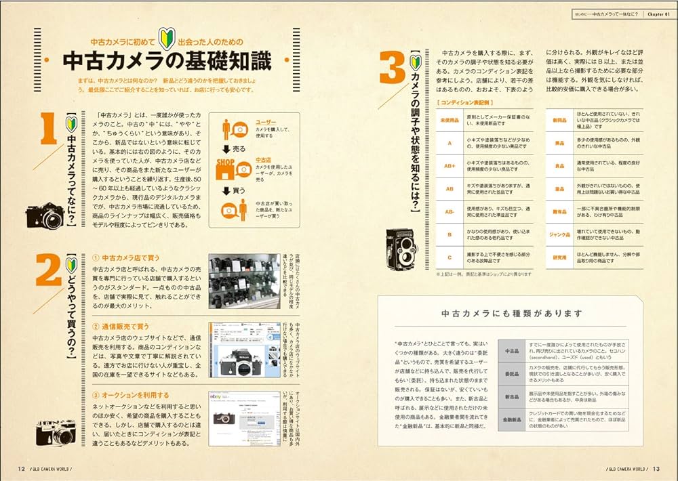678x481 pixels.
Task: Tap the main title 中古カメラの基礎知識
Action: (x=167, y=61)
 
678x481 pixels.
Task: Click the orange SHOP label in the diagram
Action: (x=226, y=163)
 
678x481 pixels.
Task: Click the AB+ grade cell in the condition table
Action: (x=448, y=165)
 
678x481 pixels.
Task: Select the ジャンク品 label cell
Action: (x=560, y=234)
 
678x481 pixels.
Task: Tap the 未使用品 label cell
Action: (x=448, y=120)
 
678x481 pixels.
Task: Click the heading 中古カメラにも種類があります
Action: (x=512, y=313)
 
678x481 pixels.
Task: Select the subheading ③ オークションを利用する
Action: (x=131, y=395)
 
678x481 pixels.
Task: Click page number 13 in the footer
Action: (x=656, y=468)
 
